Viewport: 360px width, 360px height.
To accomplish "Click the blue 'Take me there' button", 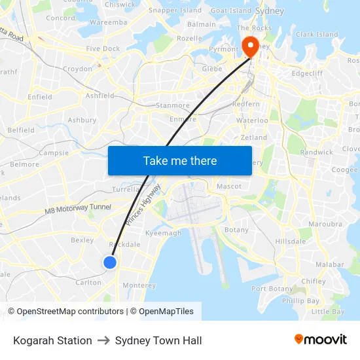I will pyautogui.click(x=180, y=160).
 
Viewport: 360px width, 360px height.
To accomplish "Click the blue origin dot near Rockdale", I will pyautogui.click(x=110, y=262).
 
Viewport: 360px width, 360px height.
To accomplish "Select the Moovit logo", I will pyautogui.click(x=321, y=340).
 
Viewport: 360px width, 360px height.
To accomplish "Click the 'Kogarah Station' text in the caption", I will pyautogui.click(x=52, y=340).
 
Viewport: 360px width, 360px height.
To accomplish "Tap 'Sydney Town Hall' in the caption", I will pyautogui.click(x=158, y=340).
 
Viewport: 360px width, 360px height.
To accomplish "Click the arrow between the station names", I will pyautogui.click(x=103, y=340).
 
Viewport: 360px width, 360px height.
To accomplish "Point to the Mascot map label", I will pyautogui.click(x=229, y=187).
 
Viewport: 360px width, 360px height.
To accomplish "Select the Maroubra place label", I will pyautogui.click(x=325, y=224).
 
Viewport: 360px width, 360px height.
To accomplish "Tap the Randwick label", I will pyautogui.click(x=316, y=152).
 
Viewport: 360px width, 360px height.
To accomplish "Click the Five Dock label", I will pyautogui.click(x=103, y=48).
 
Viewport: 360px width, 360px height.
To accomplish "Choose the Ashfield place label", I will pyautogui.click(x=100, y=96).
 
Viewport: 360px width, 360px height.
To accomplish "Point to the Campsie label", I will pyautogui.click(x=54, y=153).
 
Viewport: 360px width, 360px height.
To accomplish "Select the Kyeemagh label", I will pyautogui.click(x=163, y=233).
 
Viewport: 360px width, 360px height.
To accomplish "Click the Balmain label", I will pyautogui.click(x=202, y=24).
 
